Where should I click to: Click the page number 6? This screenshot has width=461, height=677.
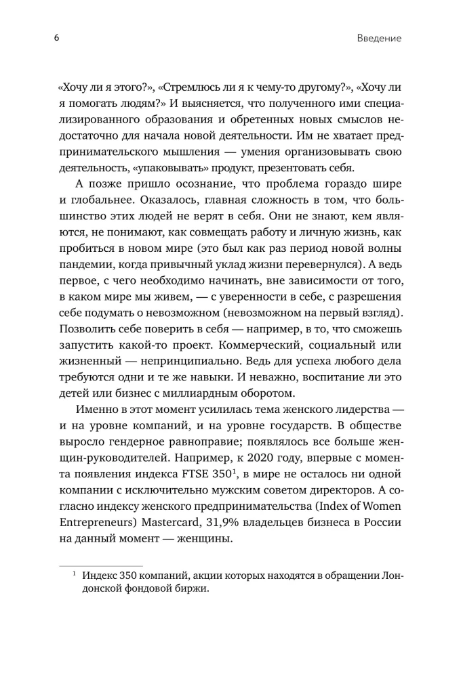(x=57, y=38)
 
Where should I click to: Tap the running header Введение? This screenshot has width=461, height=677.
(x=379, y=39)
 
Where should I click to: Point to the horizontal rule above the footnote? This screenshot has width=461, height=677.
(x=101, y=565)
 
